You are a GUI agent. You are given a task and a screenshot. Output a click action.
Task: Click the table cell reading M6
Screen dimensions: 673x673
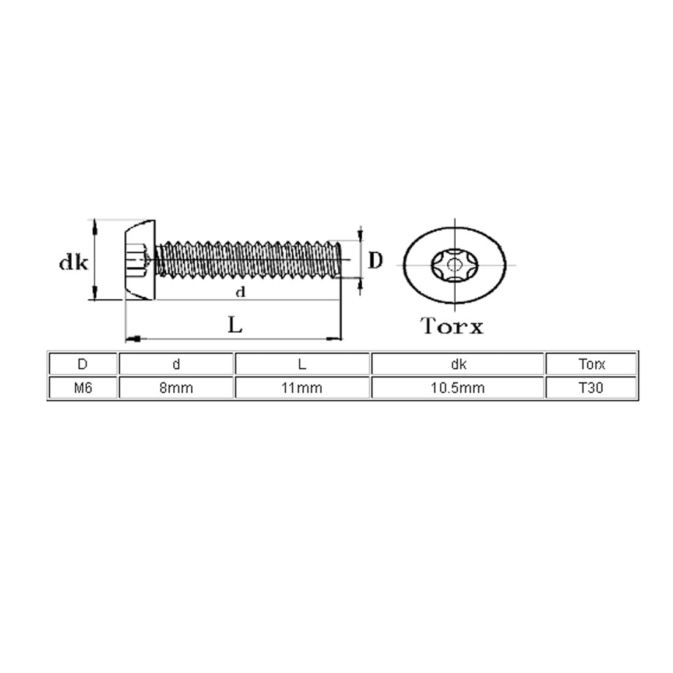click(83, 388)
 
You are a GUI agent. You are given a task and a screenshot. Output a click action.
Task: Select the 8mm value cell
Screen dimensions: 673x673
click(176, 388)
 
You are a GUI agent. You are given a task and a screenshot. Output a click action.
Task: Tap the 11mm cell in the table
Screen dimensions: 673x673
click(302, 388)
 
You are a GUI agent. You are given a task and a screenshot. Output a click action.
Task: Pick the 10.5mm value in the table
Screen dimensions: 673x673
click(458, 388)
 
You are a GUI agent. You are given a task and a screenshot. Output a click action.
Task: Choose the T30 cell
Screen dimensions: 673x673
click(591, 388)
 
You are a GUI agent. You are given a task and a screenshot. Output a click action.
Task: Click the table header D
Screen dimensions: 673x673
click(83, 364)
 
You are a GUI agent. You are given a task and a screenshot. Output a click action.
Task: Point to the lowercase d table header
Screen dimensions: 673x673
click(176, 364)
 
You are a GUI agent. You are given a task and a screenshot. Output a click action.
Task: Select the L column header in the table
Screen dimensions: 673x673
click(302, 364)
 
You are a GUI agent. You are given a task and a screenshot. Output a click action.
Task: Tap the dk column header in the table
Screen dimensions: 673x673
click(458, 364)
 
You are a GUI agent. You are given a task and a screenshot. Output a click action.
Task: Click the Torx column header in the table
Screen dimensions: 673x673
click(591, 364)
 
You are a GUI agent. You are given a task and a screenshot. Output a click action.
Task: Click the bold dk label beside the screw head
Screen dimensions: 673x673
click(73, 262)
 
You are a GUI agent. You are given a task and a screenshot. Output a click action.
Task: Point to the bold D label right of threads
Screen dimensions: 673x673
click(376, 261)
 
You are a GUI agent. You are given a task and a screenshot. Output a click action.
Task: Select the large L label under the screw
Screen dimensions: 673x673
click(235, 324)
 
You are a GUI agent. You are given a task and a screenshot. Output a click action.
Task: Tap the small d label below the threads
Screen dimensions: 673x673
click(240, 292)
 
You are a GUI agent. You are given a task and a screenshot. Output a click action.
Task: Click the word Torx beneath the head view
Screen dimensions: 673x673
click(452, 325)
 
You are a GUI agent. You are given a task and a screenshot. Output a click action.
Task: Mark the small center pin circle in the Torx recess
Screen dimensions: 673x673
click(454, 264)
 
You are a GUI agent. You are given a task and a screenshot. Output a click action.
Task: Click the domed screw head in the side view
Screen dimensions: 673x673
click(140, 260)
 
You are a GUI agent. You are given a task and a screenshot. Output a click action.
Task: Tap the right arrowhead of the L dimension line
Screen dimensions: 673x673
click(334, 339)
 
